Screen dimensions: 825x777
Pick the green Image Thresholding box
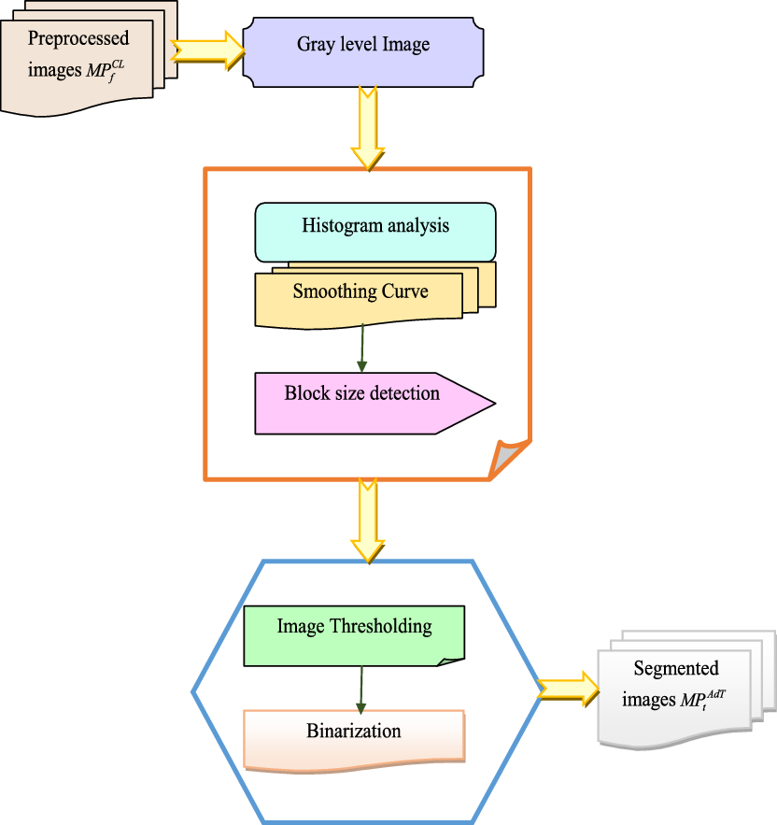(x=354, y=635)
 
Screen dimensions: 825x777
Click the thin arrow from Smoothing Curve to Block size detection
(x=362, y=348)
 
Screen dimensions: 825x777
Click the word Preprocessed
(x=78, y=39)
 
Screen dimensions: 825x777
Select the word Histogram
(x=339, y=226)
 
